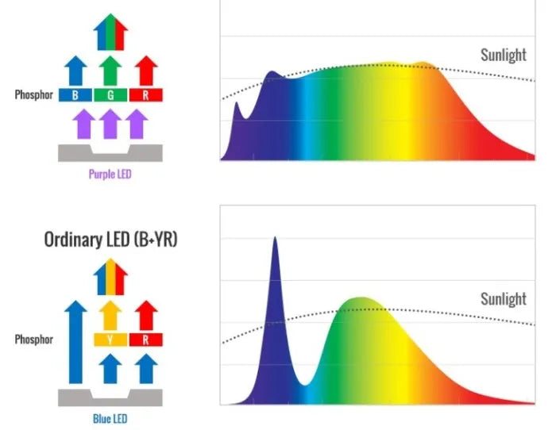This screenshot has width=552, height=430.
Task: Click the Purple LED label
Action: coord(110,173)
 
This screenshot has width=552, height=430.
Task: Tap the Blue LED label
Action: coord(110,418)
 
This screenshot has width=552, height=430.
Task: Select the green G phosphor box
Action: coord(110,95)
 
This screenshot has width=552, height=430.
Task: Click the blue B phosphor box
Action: coord(75,95)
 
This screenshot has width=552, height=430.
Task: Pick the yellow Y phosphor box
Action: coord(110,340)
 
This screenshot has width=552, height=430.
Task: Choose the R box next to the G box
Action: coord(145,95)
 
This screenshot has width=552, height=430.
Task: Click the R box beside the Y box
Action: coord(145,340)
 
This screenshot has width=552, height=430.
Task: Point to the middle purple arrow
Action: coord(110,124)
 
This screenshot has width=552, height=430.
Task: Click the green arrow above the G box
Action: coord(110,71)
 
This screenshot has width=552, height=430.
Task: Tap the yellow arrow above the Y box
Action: coord(110,315)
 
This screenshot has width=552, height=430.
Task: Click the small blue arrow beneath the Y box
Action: coord(110,367)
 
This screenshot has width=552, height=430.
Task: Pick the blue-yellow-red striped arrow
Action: coord(110,276)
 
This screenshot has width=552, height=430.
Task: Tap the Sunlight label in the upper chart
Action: coord(503,55)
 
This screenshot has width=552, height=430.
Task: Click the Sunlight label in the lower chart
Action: coord(503,299)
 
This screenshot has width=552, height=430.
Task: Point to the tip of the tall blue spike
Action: coord(275,238)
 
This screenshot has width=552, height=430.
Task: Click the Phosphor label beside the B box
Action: coord(34,95)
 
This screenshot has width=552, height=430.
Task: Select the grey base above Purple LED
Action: coord(110,153)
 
